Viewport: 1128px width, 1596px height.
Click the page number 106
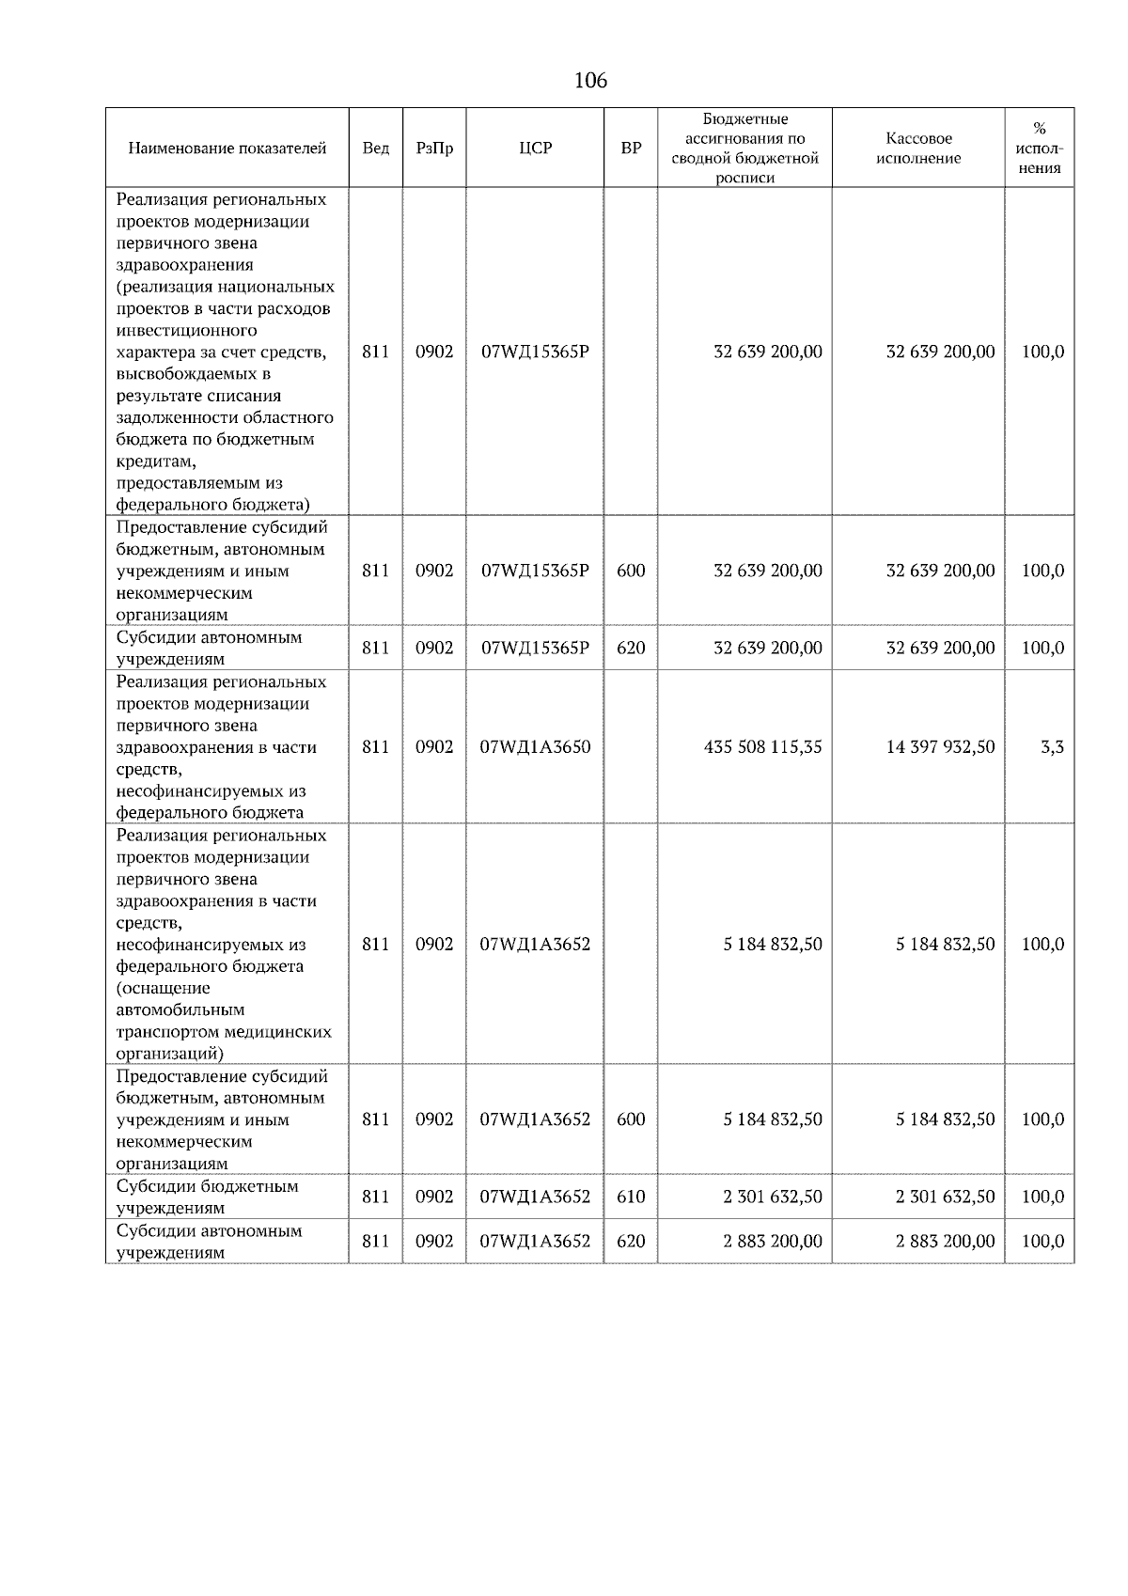[590, 81]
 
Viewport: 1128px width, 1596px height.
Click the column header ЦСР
[535, 149]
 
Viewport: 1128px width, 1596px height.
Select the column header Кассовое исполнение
[917, 149]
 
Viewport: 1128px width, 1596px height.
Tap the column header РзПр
[433, 149]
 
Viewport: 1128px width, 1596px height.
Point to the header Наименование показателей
[227, 149]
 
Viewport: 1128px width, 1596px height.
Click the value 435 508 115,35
[762, 747]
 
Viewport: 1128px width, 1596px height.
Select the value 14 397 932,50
[940, 747]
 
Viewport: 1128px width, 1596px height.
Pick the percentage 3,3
[1052, 747]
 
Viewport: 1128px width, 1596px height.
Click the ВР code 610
[631, 1197]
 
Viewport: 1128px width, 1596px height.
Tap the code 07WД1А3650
[535, 747]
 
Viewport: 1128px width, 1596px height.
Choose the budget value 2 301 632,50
[772, 1197]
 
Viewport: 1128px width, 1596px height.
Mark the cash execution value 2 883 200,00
[945, 1241]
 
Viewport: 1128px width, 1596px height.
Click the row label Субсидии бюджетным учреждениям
[208, 1197]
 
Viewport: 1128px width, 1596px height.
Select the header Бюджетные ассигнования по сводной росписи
[744, 149]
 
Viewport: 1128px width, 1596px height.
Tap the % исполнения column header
[1039, 149]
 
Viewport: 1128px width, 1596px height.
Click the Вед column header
[375, 149]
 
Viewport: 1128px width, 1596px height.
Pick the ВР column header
[631, 149]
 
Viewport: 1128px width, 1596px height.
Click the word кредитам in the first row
[155, 462]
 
